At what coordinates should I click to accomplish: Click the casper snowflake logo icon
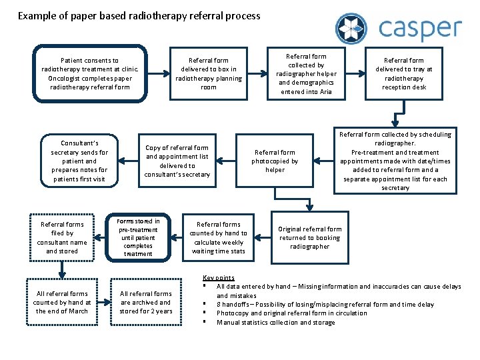tap(351, 29)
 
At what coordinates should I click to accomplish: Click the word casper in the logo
tap(420, 29)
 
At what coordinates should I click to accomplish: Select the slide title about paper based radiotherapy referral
tap(139, 15)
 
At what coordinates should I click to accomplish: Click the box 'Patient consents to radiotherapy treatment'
tap(90, 73)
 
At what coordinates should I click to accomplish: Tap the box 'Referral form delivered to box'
tap(209, 73)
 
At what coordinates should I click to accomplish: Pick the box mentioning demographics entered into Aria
tap(307, 74)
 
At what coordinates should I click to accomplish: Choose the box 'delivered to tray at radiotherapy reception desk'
tap(404, 73)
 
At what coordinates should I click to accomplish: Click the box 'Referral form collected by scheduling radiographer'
tap(395, 161)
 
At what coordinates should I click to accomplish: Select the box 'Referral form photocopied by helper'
tap(275, 161)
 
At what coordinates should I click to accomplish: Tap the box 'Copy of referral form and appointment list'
tap(177, 161)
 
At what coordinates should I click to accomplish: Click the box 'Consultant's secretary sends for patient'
tap(79, 161)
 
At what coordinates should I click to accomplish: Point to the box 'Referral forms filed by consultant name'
tap(62, 238)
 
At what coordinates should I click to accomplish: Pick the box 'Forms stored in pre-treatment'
tap(138, 237)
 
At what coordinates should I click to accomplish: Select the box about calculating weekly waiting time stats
tap(218, 238)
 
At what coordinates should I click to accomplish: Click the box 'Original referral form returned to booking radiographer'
tap(310, 238)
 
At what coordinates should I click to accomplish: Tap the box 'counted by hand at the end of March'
tap(62, 302)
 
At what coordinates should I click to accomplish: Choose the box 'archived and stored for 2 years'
tap(146, 302)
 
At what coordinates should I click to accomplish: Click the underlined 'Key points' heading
tap(218, 277)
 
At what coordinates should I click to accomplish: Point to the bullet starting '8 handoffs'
tap(325, 305)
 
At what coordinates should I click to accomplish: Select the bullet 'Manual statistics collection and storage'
tap(275, 323)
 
